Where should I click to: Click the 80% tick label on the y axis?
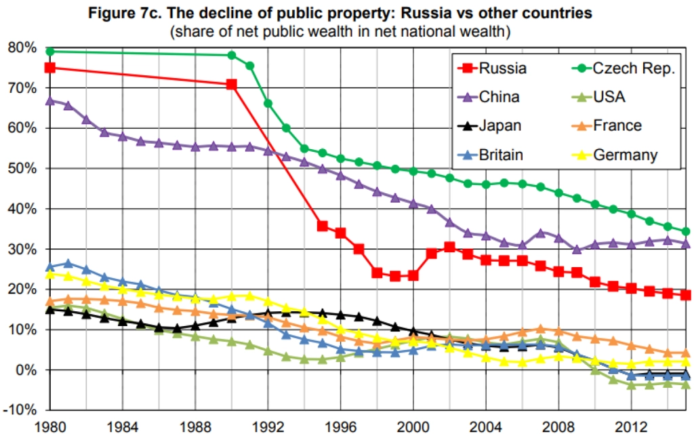[22, 47]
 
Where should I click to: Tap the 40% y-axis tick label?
[22, 209]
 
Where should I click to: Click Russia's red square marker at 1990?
[232, 85]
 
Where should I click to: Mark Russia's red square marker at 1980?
[49, 68]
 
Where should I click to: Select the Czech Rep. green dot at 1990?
[232, 56]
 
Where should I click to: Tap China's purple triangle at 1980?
[49, 100]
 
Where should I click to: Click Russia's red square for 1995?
[323, 226]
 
